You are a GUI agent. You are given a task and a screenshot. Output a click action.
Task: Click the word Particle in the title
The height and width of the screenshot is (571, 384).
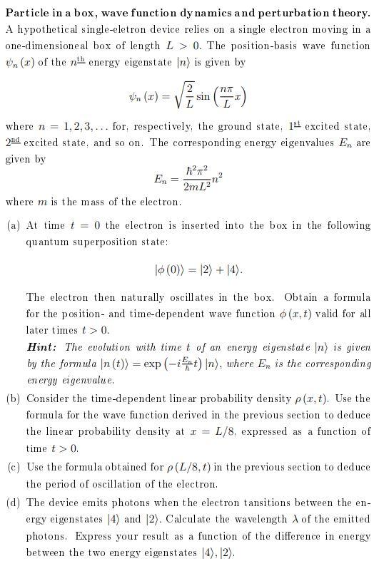tap(26, 14)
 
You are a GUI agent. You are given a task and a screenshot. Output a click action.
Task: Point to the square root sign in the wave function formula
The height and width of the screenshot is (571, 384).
tap(169, 93)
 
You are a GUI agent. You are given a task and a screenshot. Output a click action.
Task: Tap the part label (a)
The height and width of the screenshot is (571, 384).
tap(12, 226)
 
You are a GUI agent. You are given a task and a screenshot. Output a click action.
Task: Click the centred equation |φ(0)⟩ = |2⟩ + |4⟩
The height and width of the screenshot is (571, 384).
tap(198, 270)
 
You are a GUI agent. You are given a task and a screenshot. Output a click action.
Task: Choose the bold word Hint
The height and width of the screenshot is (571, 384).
tap(41, 347)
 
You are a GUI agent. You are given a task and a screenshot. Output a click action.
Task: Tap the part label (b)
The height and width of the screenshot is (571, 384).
tap(12, 398)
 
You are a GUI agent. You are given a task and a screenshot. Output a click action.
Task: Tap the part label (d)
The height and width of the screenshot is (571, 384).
tap(12, 502)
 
